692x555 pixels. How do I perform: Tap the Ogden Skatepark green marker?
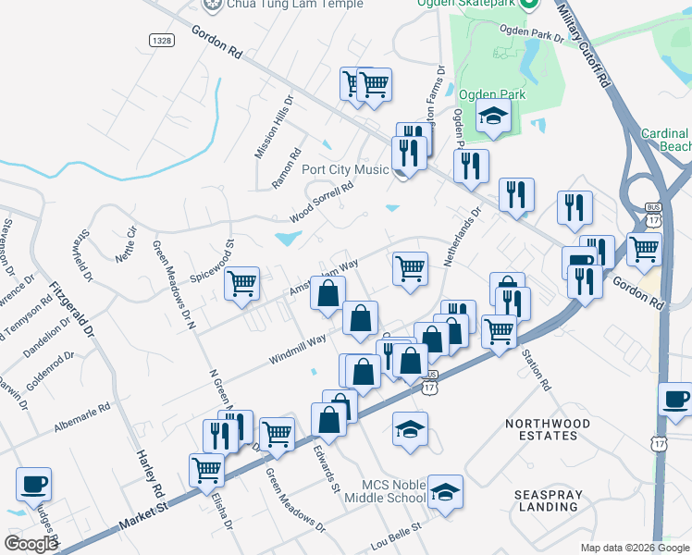point(528,4)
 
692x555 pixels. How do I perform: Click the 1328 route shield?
point(161,40)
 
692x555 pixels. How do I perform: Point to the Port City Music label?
point(345,169)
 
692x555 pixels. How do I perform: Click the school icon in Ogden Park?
point(493,116)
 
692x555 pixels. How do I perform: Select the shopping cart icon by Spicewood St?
point(241,283)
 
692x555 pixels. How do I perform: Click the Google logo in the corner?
point(31,543)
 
